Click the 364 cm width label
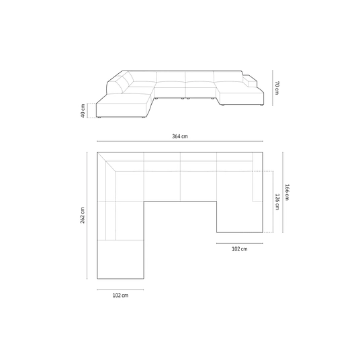180,136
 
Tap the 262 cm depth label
83,215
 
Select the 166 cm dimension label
287,192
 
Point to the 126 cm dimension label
277,201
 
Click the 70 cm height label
277,88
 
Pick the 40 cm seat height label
83,111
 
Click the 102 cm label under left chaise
120,296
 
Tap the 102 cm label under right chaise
240,249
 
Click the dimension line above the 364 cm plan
180,142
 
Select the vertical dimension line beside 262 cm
87,216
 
